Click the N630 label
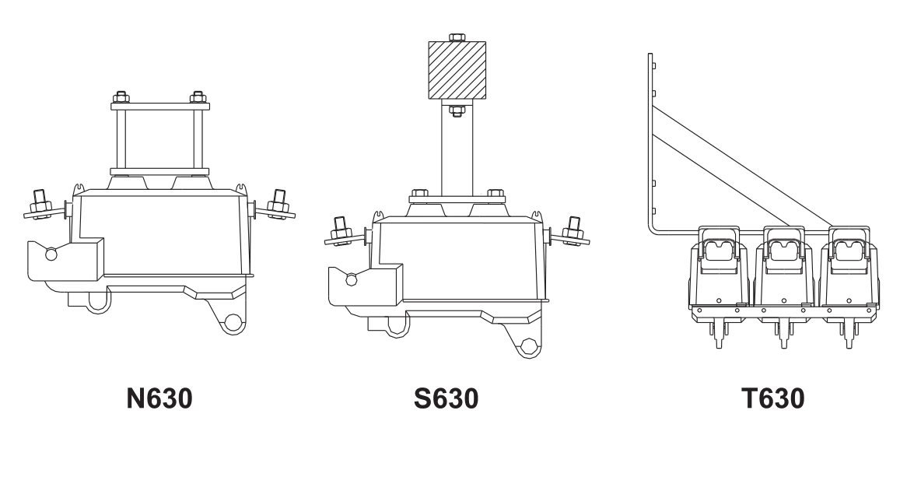tap(159, 399)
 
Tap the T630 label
tap(772, 399)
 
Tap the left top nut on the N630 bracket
tap(120, 98)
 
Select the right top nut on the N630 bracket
tap(198, 98)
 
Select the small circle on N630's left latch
tap(51, 253)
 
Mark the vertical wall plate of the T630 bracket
tap(650, 140)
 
